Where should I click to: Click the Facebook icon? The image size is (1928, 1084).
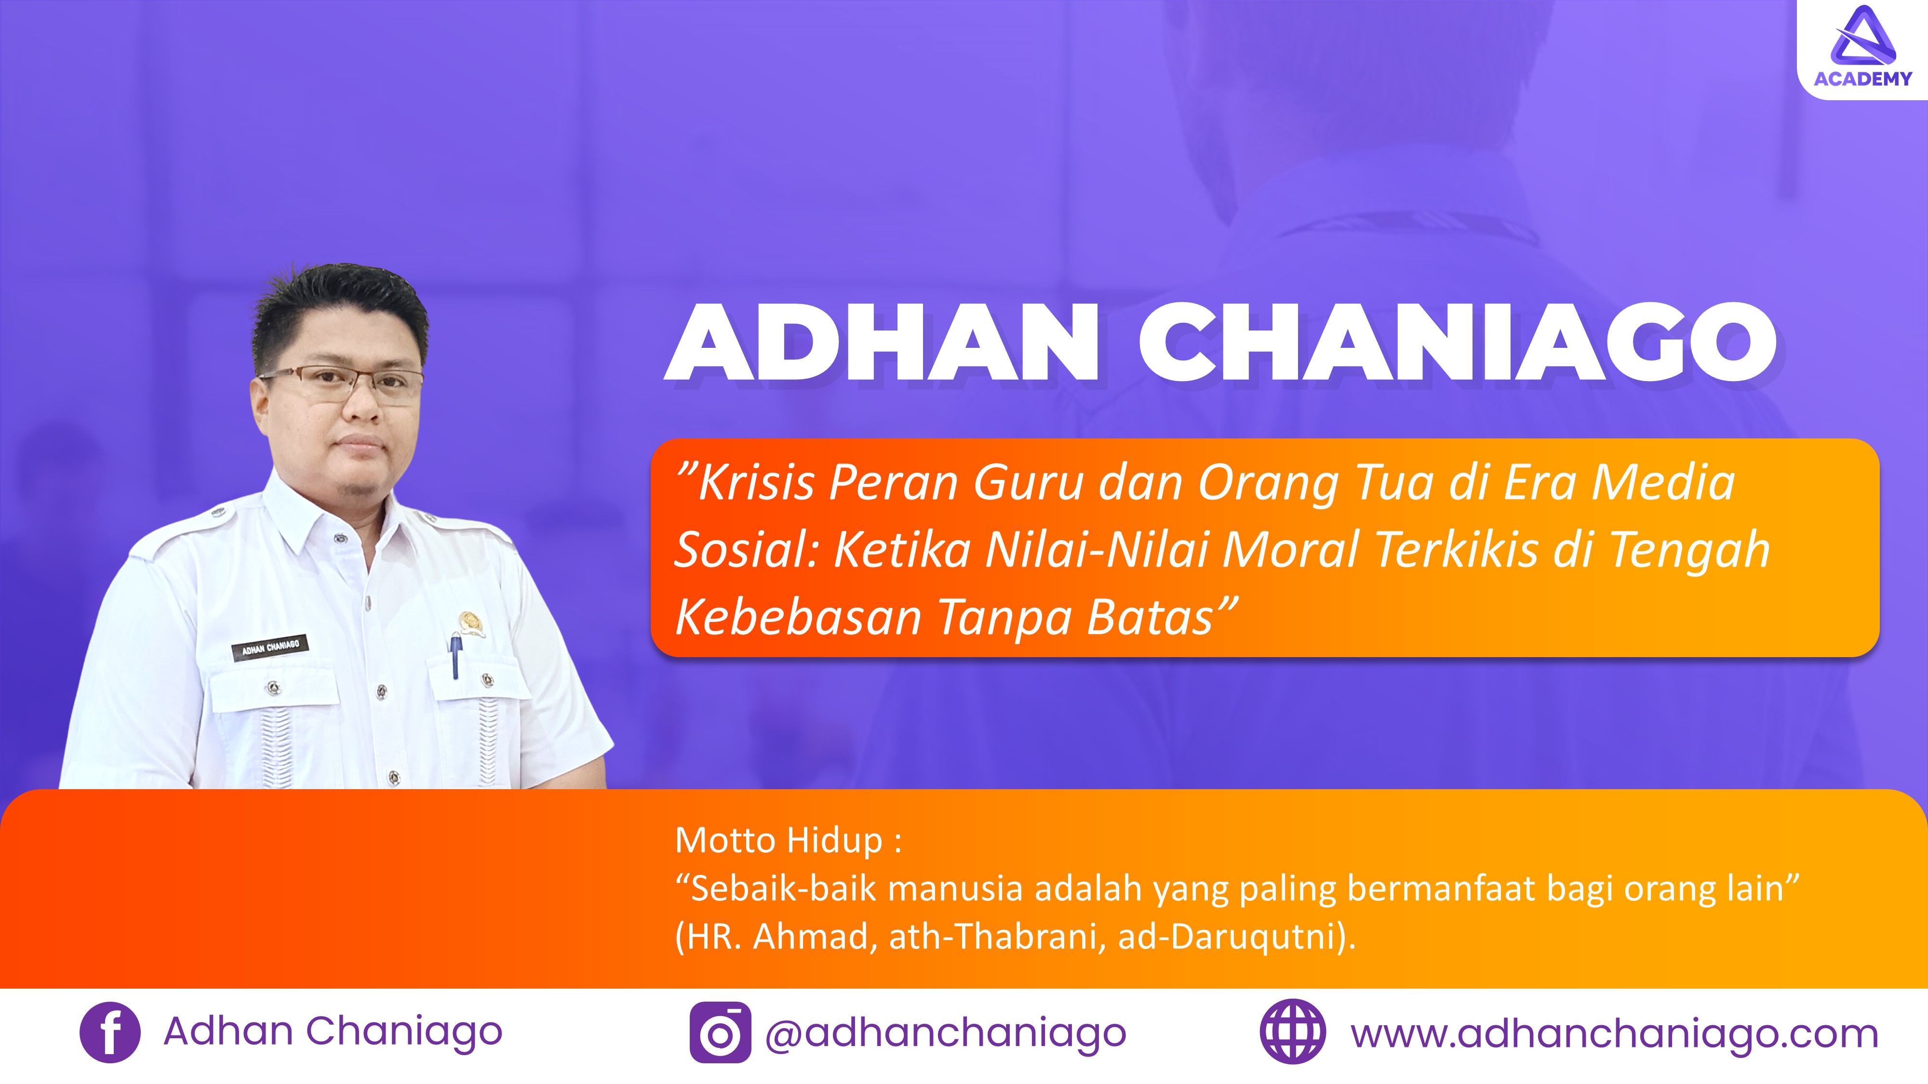[109, 1032]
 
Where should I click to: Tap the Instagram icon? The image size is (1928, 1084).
[720, 1032]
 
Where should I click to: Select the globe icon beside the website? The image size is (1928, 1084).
[1293, 1032]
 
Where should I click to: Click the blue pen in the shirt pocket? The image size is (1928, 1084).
[455, 655]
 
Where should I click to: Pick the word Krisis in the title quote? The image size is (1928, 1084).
[755, 483]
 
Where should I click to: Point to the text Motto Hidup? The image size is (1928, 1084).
[779, 840]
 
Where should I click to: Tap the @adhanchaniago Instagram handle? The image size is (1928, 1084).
[945, 1034]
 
